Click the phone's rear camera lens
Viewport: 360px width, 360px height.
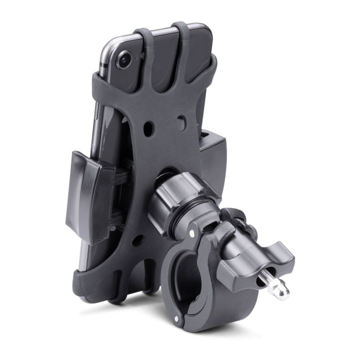coord(123,60)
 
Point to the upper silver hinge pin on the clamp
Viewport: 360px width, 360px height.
coord(192,233)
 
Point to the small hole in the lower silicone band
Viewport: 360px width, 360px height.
coord(136,239)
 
